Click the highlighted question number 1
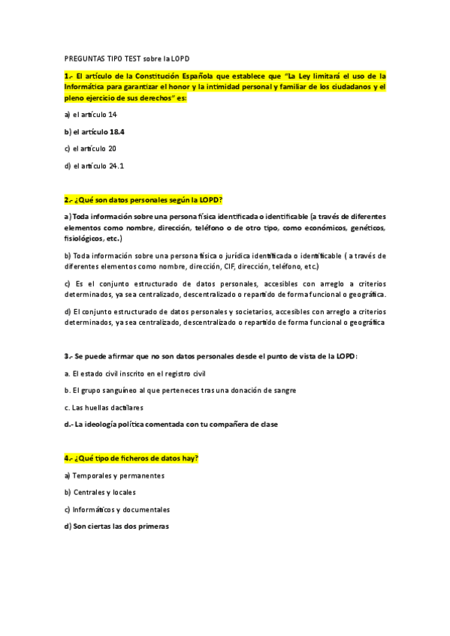pos(68,76)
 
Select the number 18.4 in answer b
pos(116,131)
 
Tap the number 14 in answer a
pos(113,114)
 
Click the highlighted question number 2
pos(68,199)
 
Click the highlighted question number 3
pos(68,355)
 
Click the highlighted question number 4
pos(68,458)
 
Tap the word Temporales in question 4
pos(93,475)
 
